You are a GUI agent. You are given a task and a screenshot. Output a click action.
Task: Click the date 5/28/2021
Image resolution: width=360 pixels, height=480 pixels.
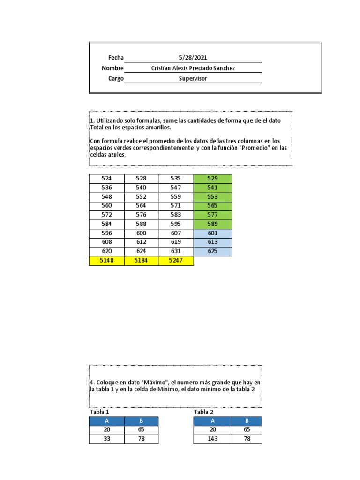(x=193, y=58)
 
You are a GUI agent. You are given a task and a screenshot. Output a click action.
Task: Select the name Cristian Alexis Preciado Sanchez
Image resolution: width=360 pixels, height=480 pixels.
(x=193, y=68)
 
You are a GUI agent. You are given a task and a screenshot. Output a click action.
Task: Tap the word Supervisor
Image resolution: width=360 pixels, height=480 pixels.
(x=193, y=79)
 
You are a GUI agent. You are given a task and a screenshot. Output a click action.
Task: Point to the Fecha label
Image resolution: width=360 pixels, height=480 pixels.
(x=116, y=58)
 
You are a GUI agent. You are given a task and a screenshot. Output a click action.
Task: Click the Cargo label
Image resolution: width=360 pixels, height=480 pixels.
(x=116, y=79)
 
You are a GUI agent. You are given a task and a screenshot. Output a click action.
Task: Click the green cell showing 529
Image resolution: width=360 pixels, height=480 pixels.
(x=212, y=179)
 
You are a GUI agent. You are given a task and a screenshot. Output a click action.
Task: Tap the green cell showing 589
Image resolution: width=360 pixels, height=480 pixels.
(x=212, y=224)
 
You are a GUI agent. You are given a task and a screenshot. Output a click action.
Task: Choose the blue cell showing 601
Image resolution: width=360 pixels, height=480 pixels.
(x=212, y=233)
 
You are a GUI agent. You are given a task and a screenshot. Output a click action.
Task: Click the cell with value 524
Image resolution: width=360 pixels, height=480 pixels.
(x=107, y=179)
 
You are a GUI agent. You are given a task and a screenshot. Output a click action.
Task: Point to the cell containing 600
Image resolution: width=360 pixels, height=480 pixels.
(x=141, y=233)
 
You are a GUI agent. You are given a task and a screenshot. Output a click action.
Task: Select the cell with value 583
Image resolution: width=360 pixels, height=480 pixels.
(x=176, y=215)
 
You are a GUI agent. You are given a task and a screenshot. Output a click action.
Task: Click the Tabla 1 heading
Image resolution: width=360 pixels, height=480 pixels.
(x=99, y=412)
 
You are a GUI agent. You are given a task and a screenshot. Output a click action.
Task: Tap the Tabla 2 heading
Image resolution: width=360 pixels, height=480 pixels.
(x=204, y=412)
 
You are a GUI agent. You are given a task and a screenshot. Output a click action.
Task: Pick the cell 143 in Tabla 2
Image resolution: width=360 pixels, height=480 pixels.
(x=211, y=439)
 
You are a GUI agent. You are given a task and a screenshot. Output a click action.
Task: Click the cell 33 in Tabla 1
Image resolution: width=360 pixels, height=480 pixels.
(x=107, y=439)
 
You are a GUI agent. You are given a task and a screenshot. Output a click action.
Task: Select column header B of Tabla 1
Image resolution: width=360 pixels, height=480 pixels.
(x=141, y=421)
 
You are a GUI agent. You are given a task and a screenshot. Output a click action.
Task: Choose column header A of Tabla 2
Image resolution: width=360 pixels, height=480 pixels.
(x=211, y=421)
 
